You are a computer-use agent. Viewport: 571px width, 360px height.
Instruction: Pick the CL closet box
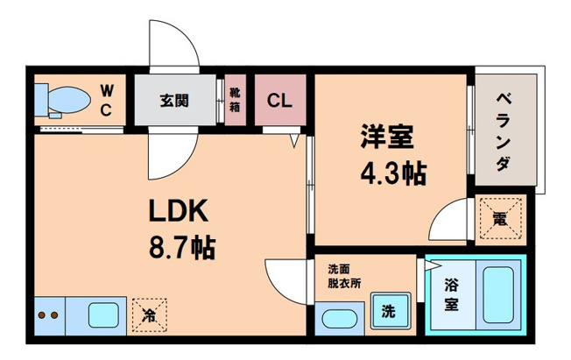point(280,99)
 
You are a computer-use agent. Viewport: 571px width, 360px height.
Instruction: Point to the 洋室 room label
point(390,138)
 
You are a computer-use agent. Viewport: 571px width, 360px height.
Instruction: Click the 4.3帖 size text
point(391,173)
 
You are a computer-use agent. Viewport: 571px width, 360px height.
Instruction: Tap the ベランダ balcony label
point(504,131)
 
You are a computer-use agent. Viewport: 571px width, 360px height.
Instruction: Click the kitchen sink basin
point(102,314)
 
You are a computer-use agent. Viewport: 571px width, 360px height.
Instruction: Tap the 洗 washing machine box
point(386,309)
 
